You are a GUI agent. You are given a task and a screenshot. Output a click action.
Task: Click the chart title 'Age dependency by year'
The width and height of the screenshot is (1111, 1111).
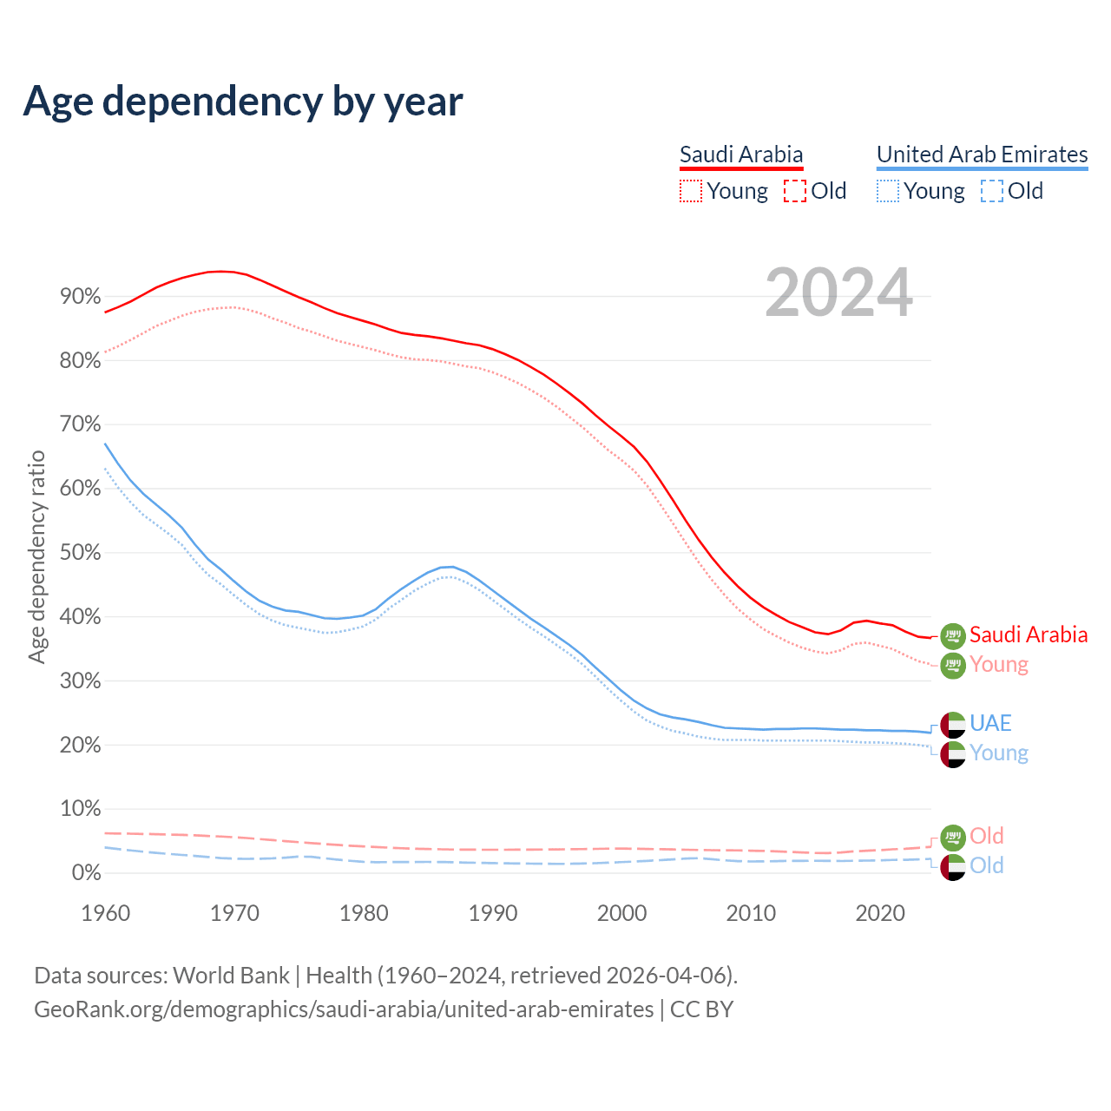pyautogui.click(x=243, y=102)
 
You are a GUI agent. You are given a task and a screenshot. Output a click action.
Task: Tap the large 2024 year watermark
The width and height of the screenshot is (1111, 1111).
pyautogui.click(x=838, y=293)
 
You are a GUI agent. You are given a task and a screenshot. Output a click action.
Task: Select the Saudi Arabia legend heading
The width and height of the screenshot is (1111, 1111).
pyautogui.click(x=741, y=154)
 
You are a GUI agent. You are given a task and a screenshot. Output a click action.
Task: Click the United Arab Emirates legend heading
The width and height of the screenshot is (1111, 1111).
pyautogui.click(x=982, y=154)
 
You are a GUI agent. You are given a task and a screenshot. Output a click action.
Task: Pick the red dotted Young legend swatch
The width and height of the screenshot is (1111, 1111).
pyautogui.click(x=690, y=191)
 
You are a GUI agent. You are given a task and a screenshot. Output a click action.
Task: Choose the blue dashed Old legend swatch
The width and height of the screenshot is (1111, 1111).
pyautogui.click(x=991, y=191)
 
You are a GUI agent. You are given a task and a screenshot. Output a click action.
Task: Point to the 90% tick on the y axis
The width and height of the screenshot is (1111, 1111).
pyautogui.click(x=80, y=297)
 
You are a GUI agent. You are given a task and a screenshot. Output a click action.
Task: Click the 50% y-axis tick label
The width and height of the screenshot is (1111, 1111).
pyautogui.click(x=80, y=553)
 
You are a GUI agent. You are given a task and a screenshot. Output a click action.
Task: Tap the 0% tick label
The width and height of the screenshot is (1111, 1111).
pyautogui.click(x=86, y=873)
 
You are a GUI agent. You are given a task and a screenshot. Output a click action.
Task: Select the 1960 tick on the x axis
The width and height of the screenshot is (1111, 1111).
pyautogui.click(x=105, y=913)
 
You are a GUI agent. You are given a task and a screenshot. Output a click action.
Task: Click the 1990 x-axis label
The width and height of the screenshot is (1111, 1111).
pyautogui.click(x=493, y=913)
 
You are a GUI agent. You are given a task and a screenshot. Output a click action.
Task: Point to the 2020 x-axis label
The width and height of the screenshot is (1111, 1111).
pyautogui.click(x=880, y=913)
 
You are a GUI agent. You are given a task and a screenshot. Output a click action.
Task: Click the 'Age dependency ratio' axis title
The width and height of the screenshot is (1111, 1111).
pyautogui.click(x=36, y=556)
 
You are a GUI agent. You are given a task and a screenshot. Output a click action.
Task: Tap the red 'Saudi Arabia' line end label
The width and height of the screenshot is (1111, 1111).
pyautogui.click(x=1028, y=634)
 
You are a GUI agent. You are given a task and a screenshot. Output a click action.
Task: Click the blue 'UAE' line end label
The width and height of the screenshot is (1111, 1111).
pyautogui.click(x=990, y=723)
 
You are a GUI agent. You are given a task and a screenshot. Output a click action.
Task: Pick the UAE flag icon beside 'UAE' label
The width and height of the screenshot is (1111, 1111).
pyautogui.click(x=953, y=725)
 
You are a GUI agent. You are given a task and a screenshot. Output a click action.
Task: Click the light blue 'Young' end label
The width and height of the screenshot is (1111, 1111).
pyautogui.click(x=998, y=753)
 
